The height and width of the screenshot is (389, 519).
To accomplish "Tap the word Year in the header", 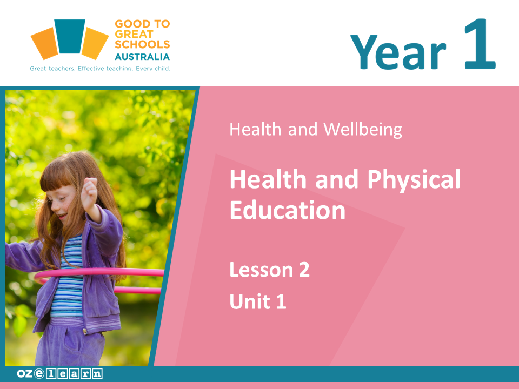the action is coord(398,52).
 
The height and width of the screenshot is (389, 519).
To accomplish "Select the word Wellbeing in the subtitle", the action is coord(363,129).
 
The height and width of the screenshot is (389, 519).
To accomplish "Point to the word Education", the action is coord(288,210).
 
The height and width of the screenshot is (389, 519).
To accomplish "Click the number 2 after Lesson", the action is coord(304,270).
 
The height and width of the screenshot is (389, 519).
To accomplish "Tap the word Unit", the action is coord(250,301).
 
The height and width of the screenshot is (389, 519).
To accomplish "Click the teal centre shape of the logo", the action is coord(70,36).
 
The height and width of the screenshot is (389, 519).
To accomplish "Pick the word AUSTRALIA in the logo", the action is coord(142,57).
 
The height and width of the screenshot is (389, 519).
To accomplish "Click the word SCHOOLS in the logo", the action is coord(142,44).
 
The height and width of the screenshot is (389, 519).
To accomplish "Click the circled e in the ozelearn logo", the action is coord(39,373).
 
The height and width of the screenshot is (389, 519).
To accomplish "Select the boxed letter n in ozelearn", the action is coord(97,374).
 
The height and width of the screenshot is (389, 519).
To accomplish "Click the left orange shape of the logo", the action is coord(45,43).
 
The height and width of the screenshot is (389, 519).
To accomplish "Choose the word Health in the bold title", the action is coord(268,179).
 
